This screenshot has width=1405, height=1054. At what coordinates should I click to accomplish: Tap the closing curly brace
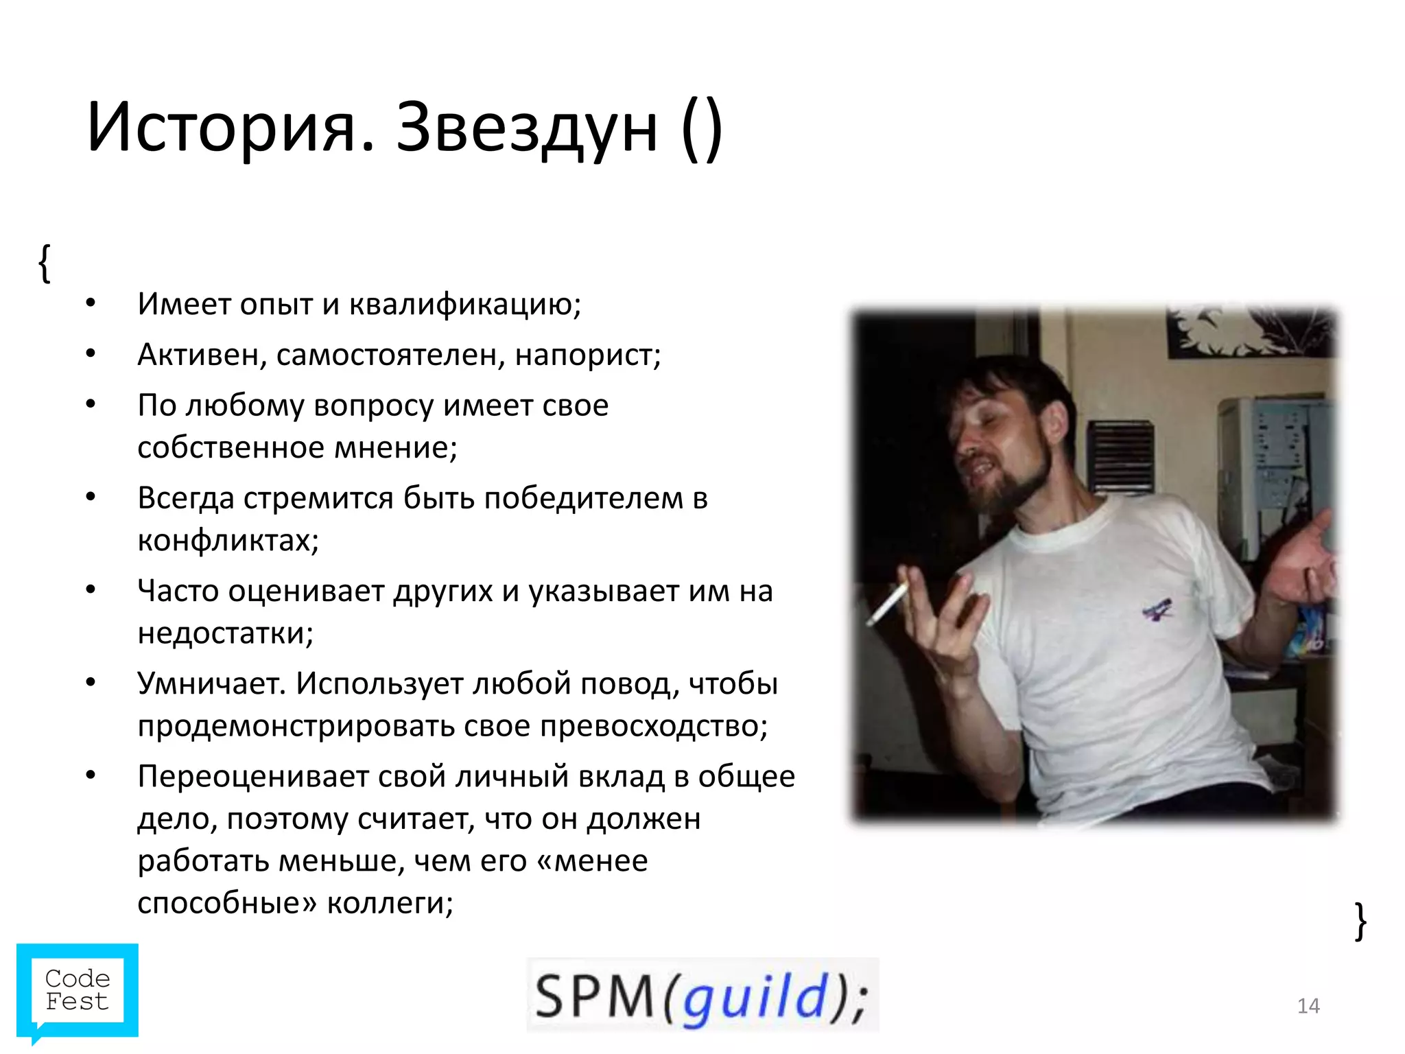click(x=1360, y=921)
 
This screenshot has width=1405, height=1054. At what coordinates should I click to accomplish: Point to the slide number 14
click(x=1308, y=1006)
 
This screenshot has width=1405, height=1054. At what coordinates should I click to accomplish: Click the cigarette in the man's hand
click(x=888, y=603)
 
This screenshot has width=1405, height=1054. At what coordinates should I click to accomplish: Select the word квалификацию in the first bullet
click(x=464, y=305)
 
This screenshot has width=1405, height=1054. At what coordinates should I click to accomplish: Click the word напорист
click(x=587, y=355)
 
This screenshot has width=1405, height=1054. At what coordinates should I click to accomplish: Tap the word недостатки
click(x=225, y=633)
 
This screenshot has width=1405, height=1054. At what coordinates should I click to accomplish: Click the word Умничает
click(x=211, y=683)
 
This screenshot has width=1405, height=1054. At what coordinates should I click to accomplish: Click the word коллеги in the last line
click(x=390, y=903)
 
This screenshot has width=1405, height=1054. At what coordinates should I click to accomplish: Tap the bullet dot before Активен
click(x=91, y=354)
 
